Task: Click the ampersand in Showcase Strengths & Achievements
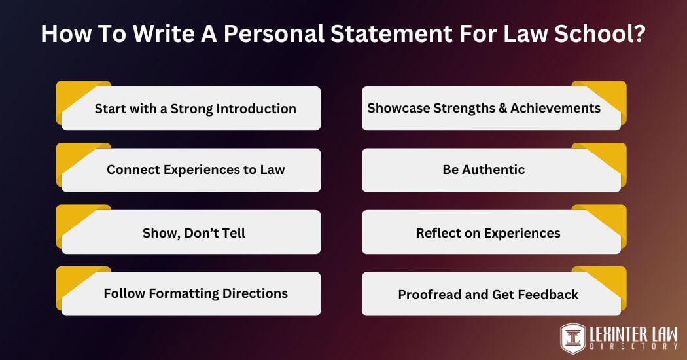point(502,108)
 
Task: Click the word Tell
point(231,232)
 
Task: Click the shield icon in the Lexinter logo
point(573,338)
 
